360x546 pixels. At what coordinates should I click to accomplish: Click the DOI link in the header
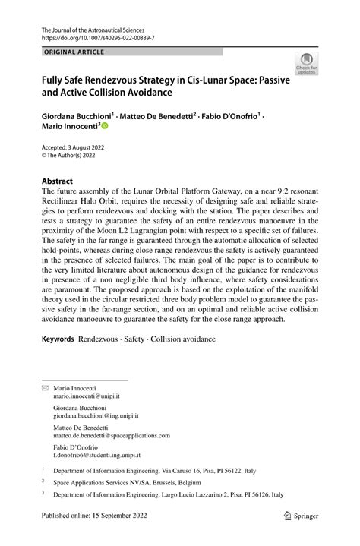pyautogui.click(x=92, y=36)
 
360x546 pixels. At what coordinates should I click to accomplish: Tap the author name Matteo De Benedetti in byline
pyautogui.click(x=157, y=117)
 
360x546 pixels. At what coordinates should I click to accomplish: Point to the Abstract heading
pyautogui.click(x=57, y=181)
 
